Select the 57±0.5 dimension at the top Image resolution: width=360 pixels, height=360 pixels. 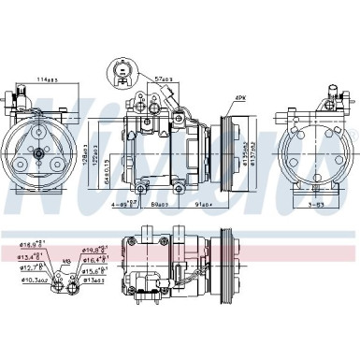point(168,80)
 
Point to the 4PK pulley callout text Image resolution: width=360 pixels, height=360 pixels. point(240,97)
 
